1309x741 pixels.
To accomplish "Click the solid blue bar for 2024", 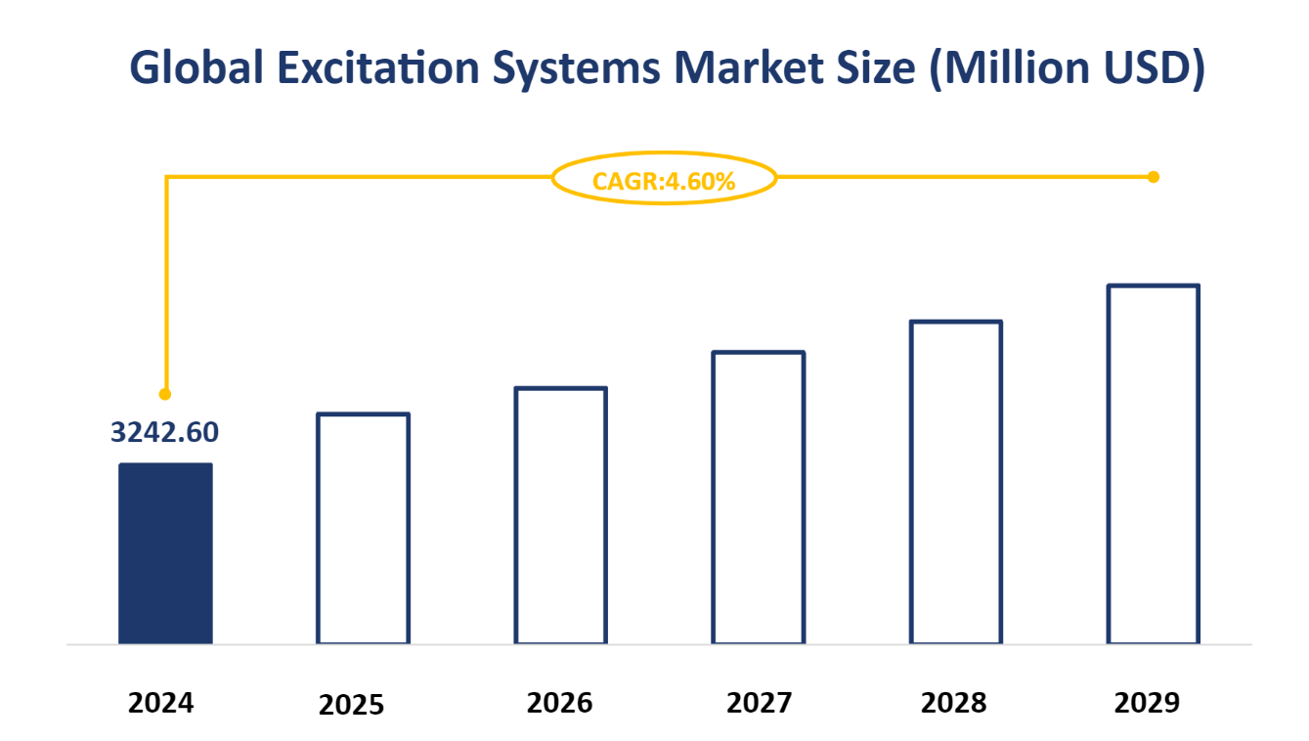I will [165, 553].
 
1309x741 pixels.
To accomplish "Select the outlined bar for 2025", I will [363, 529].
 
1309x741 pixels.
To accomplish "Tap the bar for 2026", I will [561, 515].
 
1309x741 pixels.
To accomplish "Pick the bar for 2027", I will [759, 498].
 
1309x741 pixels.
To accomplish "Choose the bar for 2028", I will [956, 482].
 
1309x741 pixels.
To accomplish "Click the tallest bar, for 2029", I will [1154, 464].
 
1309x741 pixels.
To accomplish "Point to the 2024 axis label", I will [161, 703].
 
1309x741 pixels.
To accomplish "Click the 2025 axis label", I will [352, 705].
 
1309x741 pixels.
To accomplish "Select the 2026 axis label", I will [559, 703].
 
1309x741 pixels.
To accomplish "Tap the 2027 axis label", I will [760, 703].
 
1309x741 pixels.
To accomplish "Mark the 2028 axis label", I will [953, 703].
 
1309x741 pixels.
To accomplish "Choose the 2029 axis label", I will [1148, 703].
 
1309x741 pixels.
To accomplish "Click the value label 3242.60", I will [164, 431].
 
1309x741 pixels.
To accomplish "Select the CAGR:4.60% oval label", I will [664, 179].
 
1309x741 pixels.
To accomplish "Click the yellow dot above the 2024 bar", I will [165, 394].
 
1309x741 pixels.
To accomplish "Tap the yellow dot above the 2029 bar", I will [1154, 177].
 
